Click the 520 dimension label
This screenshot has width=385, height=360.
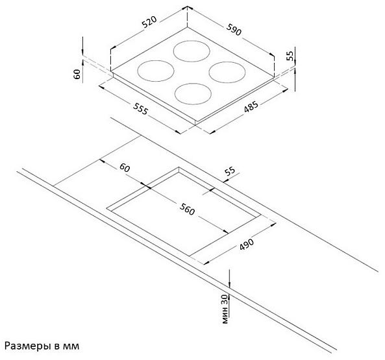point(149,22)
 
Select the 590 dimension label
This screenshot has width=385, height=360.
point(234,29)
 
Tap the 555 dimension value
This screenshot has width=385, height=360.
point(140,108)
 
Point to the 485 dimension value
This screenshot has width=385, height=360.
point(251,107)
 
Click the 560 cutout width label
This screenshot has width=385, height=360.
point(187,209)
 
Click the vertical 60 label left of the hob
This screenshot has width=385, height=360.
point(77,74)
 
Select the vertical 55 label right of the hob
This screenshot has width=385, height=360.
point(290,56)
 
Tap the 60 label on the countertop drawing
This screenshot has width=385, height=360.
point(125,168)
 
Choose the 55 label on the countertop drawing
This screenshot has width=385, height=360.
point(230,171)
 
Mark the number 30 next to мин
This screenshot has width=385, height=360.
point(225,300)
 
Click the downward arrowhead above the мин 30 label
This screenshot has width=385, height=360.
point(229,285)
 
